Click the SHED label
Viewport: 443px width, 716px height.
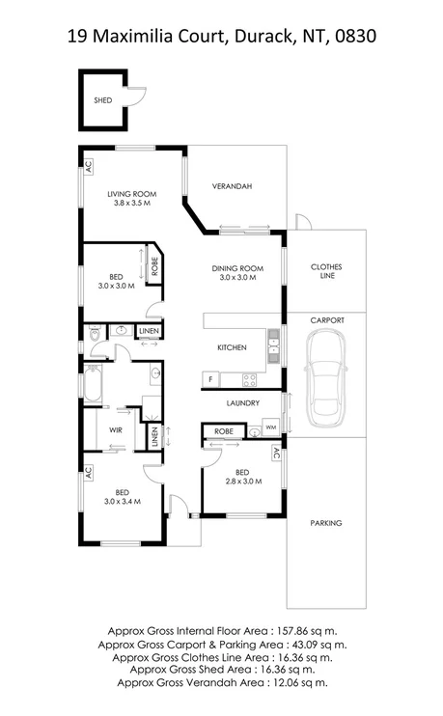click(x=102, y=99)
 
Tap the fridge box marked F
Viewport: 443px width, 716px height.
click(x=210, y=379)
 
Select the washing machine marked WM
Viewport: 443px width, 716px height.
click(x=270, y=426)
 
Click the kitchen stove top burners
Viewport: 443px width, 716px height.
click(x=249, y=379)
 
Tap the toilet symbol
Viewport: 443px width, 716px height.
click(x=95, y=334)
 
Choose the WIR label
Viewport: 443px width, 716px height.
click(x=115, y=429)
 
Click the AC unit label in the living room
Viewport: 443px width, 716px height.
click(x=88, y=165)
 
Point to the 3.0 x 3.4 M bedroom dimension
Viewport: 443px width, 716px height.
click(x=123, y=501)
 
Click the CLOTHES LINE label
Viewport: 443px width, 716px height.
click(x=326, y=271)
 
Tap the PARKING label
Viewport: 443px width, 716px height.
click(x=326, y=523)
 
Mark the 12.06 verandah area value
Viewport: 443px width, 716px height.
click(x=282, y=681)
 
